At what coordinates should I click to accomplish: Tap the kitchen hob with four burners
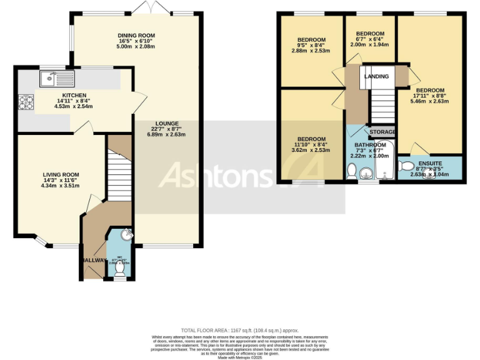click(x=26, y=101)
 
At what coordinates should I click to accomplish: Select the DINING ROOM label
click(x=136, y=36)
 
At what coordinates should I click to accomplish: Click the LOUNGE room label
click(x=167, y=123)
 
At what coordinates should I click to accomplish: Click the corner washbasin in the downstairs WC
click(x=127, y=235)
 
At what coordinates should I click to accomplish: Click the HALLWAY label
click(x=92, y=260)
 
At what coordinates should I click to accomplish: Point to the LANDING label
click(x=377, y=76)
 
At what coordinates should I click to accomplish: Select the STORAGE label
click(x=382, y=132)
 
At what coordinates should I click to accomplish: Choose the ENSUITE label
click(x=430, y=164)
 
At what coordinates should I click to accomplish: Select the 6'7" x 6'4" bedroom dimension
click(x=370, y=39)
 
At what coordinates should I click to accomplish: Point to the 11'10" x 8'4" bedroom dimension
click(x=311, y=145)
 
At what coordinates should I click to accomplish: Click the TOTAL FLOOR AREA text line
click(x=240, y=330)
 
